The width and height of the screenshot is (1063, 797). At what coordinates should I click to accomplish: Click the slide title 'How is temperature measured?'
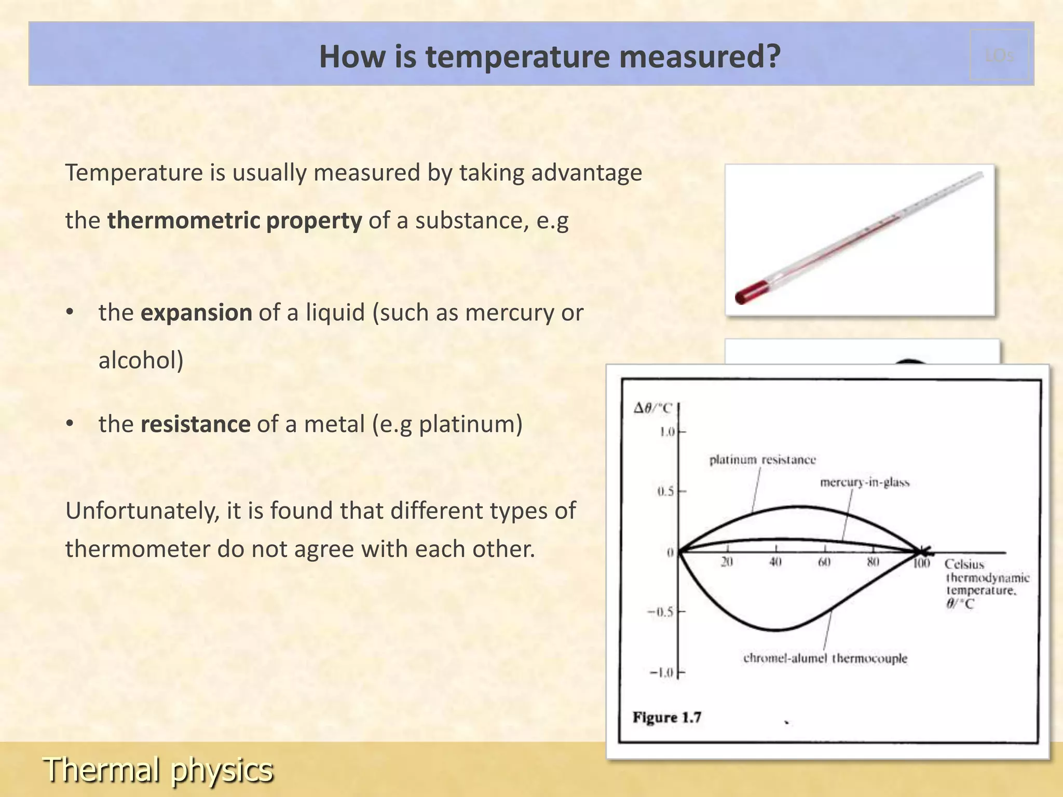(549, 56)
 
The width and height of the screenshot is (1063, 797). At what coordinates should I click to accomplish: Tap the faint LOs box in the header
(999, 55)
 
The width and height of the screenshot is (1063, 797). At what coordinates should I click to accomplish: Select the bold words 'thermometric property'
(234, 221)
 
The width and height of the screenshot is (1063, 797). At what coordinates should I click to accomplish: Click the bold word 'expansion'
(196, 313)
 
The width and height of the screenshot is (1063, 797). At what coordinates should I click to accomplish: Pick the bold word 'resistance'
(195, 424)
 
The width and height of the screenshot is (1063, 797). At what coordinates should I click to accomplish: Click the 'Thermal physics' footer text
(158, 769)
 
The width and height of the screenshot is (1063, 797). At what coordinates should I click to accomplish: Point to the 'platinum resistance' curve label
(762, 460)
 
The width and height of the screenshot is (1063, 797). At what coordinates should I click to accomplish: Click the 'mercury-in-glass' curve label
(865, 483)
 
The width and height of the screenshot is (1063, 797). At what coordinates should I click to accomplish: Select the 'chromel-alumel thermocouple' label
(825, 658)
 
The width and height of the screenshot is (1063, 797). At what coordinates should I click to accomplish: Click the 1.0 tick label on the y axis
(666, 432)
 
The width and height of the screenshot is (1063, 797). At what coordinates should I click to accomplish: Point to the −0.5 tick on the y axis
(660, 612)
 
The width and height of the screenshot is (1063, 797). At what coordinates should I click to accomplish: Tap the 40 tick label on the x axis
(775, 562)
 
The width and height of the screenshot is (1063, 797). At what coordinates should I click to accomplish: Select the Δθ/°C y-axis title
(652, 408)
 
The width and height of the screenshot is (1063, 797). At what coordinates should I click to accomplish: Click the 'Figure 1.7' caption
(667, 718)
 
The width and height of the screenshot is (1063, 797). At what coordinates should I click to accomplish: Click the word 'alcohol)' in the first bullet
(141, 361)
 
